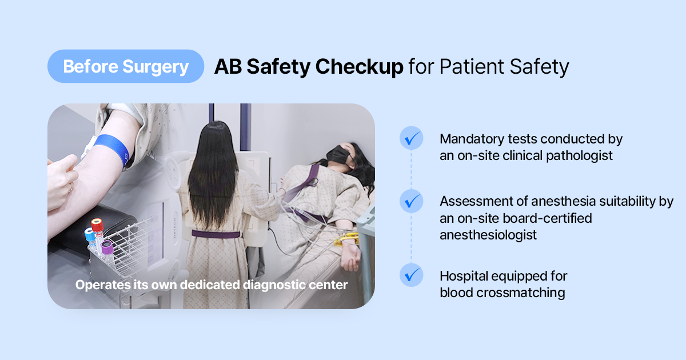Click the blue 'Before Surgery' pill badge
click(x=126, y=66)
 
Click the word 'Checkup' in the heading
click(x=359, y=67)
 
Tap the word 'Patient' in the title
click(x=472, y=66)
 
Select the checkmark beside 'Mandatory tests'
click(x=411, y=138)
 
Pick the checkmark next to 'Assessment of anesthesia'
click(x=411, y=201)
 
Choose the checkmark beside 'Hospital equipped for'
click(x=411, y=275)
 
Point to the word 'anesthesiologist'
click(x=488, y=235)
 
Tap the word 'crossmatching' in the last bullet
click(x=521, y=293)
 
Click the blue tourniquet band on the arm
click(x=113, y=149)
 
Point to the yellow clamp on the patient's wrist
click(x=346, y=239)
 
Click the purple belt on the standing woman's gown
click(x=216, y=234)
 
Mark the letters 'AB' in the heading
click(x=228, y=66)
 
